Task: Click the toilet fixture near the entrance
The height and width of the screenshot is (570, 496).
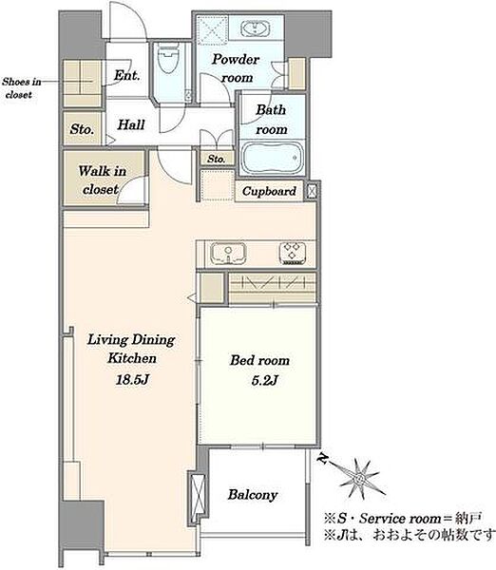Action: click(168, 58)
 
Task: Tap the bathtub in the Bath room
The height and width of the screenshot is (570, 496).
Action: click(272, 158)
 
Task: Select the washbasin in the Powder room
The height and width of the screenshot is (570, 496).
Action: click(256, 28)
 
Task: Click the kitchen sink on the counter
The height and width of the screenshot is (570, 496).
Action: click(228, 253)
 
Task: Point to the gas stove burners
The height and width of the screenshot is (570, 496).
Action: click(293, 252)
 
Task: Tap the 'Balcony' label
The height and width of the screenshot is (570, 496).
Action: click(253, 495)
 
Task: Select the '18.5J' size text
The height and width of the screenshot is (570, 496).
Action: click(132, 380)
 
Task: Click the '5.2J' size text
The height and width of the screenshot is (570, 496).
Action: click(264, 381)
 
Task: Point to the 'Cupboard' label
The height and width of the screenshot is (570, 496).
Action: click(269, 191)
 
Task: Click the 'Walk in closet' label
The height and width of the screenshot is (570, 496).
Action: click(102, 180)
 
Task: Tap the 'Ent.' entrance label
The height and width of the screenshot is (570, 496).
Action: click(126, 75)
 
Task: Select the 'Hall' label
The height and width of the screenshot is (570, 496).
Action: click(131, 124)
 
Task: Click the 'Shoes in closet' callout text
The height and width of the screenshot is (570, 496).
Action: click(21, 88)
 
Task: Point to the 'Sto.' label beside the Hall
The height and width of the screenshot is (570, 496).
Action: click(82, 129)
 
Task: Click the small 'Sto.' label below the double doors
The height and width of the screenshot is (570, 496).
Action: click(216, 159)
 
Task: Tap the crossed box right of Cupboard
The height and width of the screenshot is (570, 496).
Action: click(312, 191)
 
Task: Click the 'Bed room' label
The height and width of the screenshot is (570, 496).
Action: click(259, 360)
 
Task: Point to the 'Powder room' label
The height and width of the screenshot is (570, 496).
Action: click(236, 68)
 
